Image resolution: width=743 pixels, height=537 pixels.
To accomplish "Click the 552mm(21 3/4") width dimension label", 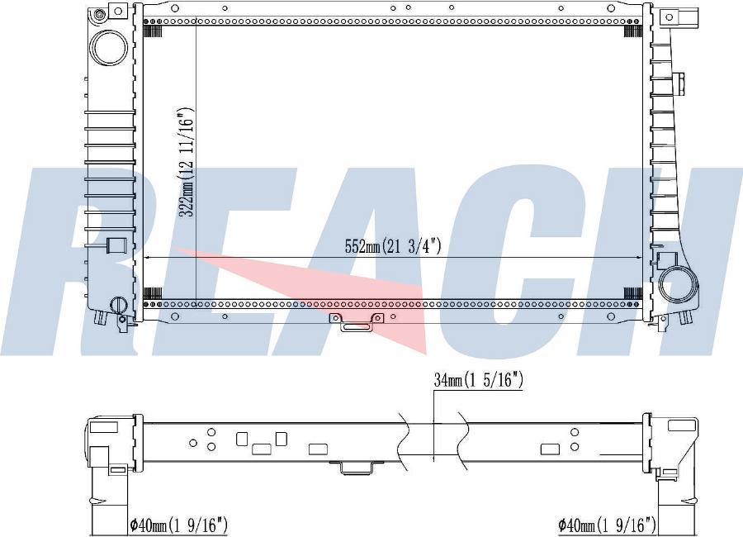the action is coord(393,246).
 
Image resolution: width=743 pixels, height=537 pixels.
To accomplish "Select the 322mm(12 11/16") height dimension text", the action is coord(187,162).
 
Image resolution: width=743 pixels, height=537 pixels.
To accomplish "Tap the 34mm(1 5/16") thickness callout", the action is coord(479,380).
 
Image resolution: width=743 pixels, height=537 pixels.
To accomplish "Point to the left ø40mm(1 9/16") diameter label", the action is coord(179,525).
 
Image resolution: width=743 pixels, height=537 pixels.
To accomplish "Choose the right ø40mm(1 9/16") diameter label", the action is coord(607,525).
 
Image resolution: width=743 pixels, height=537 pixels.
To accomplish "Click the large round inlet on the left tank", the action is coord(109,47).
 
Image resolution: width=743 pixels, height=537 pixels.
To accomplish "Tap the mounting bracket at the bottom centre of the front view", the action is coord(356,321).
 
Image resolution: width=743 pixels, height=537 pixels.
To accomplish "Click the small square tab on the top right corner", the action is coord(669,17).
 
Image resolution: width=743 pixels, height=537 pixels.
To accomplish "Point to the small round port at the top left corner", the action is coord(99,14).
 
